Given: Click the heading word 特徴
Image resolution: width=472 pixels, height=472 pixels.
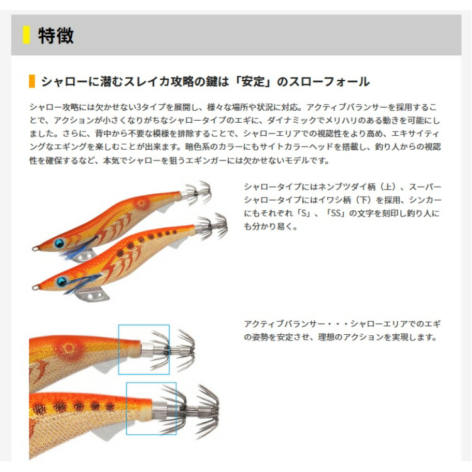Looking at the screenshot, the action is (x=55, y=35).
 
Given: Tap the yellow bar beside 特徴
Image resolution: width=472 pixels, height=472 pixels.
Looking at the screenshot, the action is (x=26, y=35).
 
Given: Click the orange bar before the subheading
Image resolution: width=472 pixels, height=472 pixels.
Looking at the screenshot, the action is (x=32, y=81).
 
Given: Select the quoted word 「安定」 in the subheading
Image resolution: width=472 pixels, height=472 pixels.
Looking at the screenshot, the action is (x=256, y=82).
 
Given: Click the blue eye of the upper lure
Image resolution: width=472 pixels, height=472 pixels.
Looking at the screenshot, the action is (x=60, y=243).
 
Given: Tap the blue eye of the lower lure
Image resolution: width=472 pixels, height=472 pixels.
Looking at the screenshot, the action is (x=62, y=281).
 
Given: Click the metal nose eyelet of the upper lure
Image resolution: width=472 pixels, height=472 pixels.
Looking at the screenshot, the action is (x=36, y=249).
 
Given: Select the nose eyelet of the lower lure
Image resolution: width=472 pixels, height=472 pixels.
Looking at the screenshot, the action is (x=36, y=288).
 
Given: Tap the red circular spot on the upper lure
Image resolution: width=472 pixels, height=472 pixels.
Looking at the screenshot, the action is (x=141, y=204).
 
